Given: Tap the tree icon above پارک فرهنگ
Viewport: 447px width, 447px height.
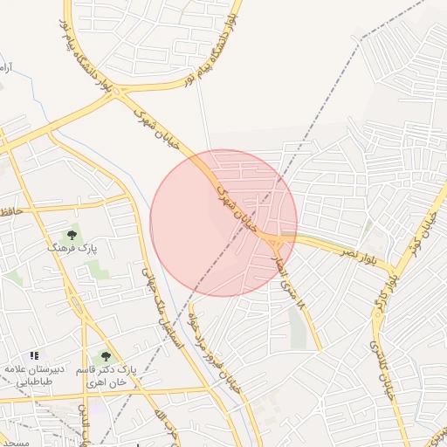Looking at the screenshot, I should click(72, 235).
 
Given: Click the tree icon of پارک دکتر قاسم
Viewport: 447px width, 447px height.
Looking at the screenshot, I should click(106, 356).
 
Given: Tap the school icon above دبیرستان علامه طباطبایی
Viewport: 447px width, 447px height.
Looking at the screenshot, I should click(34, 355).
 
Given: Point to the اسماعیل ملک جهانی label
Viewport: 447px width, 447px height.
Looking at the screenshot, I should click(164, 310).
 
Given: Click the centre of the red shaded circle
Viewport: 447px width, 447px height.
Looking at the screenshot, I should click(223, 223).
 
